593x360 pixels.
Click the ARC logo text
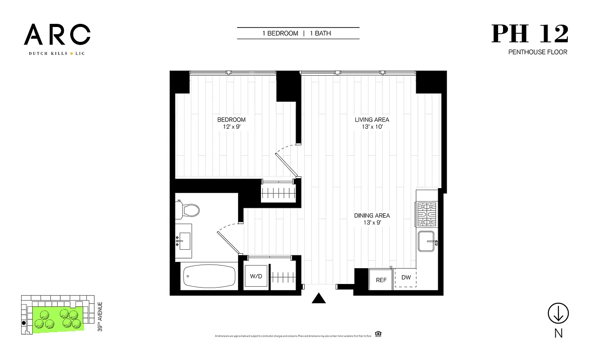click(x=57, y=35)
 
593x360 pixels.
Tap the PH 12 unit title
click(x=530, y=34)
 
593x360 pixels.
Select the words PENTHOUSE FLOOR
click(x=538, y=52)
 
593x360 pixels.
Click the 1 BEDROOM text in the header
click(x=280, y=33)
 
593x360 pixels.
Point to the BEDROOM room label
click(x=231, y=120)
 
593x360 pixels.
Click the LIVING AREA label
click(x=372, y=120)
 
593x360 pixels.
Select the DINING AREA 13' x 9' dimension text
click(x=372, y=223)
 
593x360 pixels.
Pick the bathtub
click(x=210, y=276)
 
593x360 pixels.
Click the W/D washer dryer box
click(x=256, y=276)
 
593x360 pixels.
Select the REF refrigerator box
click(x=381, y=279)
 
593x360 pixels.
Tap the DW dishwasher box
click(x=406, y=278)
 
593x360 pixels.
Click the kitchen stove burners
click(x=427, y=215)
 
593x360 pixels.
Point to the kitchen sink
click(x=427, y=242)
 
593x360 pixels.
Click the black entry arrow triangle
click(x=319, y=298)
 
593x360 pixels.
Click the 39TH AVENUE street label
click(x=100, y=317)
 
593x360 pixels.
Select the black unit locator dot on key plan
click(x=23, y=323)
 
